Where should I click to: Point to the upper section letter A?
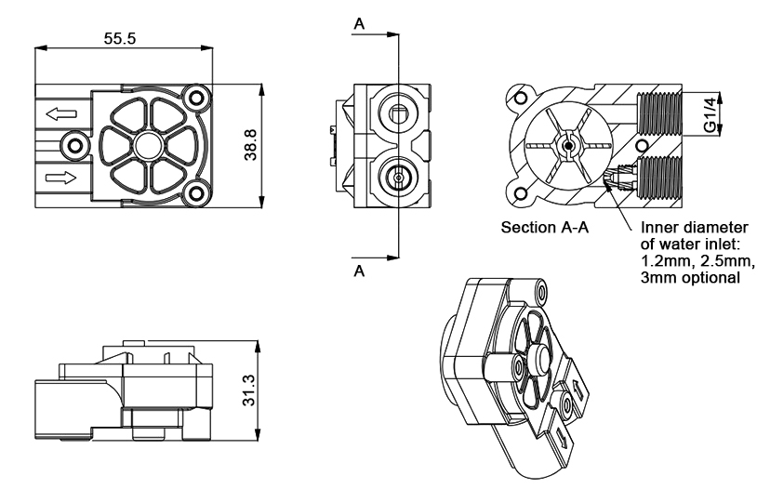coord(359,24)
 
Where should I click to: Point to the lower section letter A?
coord(359,271)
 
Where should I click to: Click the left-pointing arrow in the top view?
coord(61,114)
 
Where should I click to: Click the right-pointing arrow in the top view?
coord(61,176)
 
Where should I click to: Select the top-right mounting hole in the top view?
coord(194,97)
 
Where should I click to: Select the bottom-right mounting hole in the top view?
coord(194,193)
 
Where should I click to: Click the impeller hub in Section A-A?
coord(565,145)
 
